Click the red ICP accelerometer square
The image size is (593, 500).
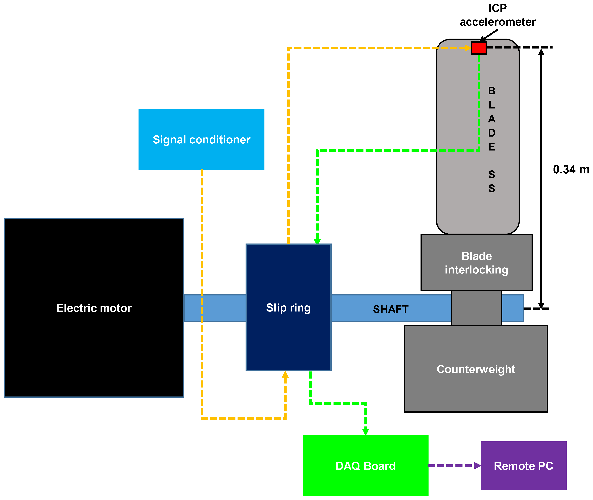pyautogui.click(x=479, y=48)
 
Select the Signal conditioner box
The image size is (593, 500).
pyautogui.click(x=201, y=139)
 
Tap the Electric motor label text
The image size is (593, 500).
pyautogui.click(x=94, y=308)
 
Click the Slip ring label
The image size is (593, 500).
pyautogui.click(x=288, y=308)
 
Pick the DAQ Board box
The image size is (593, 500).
pyautogui.click(x=366, y=465)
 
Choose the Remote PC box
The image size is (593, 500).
pyautogui.click(x=524, y=465)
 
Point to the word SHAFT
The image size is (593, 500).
pyautogui.click(x=391, y=309)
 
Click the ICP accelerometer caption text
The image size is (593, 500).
pyautogui.click(x=498, y=15)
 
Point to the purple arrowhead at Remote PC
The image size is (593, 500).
pyautogui.click(x=477, y=465)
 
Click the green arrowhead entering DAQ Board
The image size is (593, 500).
pyautogui.click(x=366, y=432)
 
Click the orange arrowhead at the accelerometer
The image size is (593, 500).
pyautogui.click(x=468, y=48)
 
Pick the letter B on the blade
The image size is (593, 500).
pyautogui.click(x=492, y=91)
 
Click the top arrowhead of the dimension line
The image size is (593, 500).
pyautogui.click(x=541, y=52)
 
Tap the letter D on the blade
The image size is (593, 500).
pyautogui.click(x=492, y=133)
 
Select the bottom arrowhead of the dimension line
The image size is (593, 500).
pyautogui.click(x=541, y=306)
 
